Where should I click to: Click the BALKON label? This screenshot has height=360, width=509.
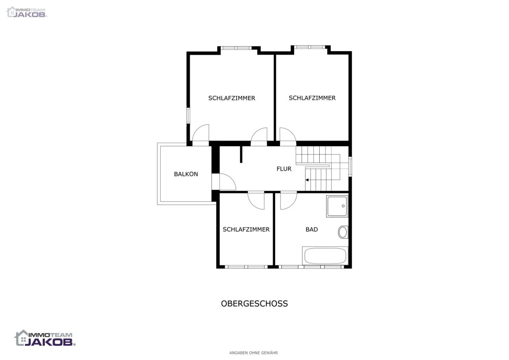[x=186, y=174]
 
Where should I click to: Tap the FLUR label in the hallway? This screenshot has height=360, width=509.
[x=284, y=169]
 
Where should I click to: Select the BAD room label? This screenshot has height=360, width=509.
[x=311, y=230]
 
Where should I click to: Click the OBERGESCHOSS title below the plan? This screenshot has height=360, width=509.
[x=254, y=304]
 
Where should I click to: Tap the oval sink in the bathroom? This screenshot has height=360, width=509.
[x=343, y=232]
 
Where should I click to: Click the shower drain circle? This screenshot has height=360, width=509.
[x=343, y=206]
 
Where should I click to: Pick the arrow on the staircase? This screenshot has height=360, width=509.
[x=307, y=180]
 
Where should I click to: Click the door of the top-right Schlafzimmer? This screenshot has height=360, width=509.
[x=292, y=133]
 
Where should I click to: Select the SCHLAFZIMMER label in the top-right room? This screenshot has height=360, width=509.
[x=312, y=98]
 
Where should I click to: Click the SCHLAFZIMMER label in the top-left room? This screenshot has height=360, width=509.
[x=231, y=98]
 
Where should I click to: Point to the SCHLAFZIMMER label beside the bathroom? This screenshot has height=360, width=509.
[x=246, y=230]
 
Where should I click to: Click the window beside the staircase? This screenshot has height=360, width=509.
[x=350, y=166]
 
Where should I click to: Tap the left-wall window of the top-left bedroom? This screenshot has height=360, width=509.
[x=188, y=116]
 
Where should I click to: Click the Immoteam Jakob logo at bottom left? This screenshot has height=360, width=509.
[x=45, y=338]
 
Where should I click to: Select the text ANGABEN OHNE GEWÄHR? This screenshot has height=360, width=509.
[x=253, y=353]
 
